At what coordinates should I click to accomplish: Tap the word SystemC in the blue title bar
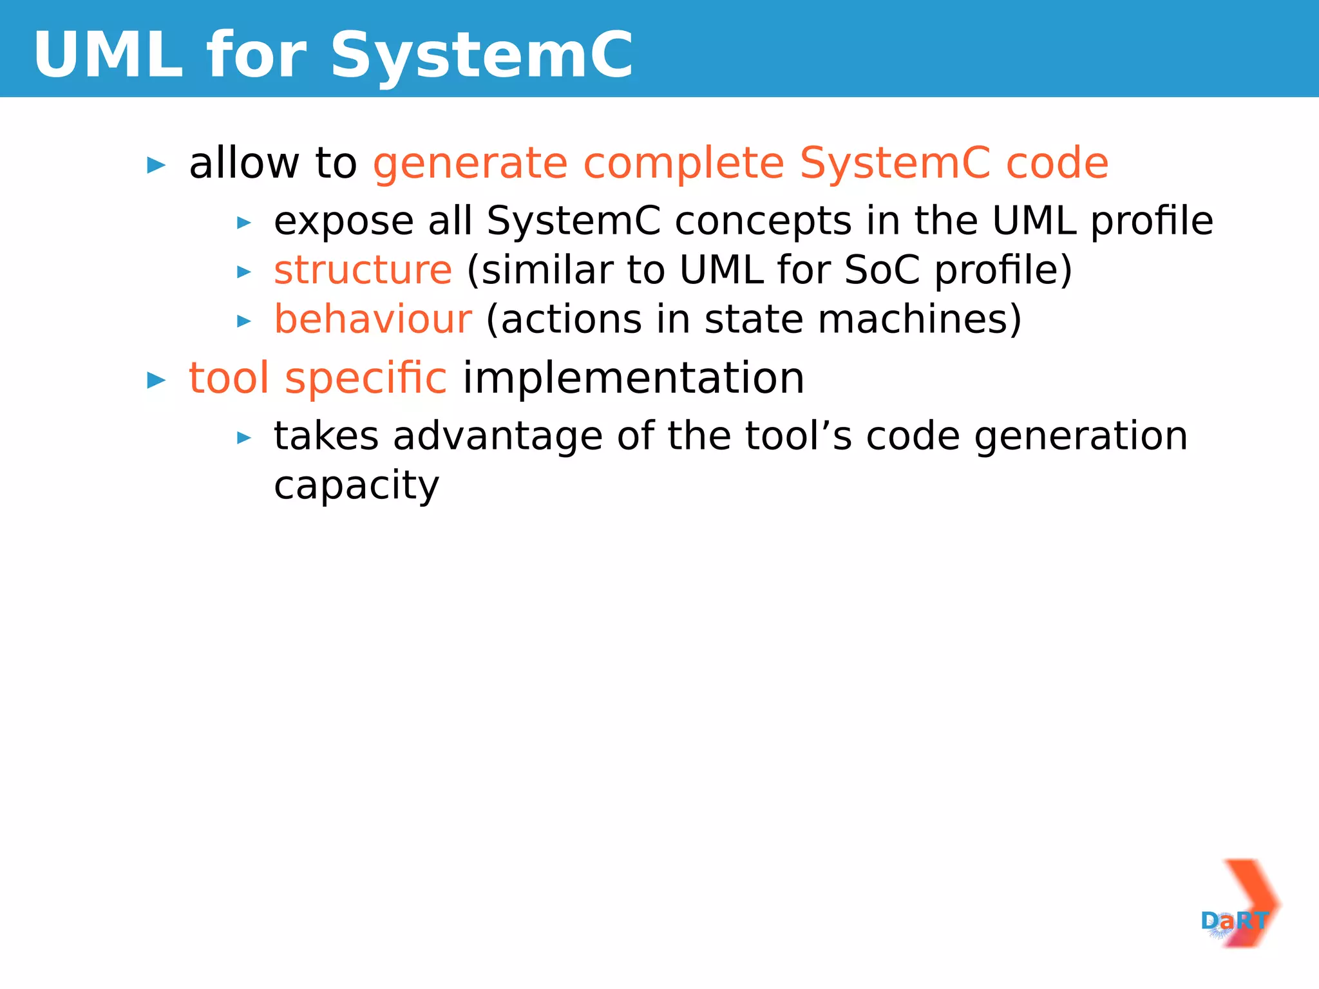(x=482, y=55)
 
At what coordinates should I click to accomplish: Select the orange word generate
(x=470, y=164)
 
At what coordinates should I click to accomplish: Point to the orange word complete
(x=683, y=164)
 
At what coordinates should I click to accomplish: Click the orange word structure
(x=363, y=270)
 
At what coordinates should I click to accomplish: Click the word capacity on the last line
(x=356, y=486)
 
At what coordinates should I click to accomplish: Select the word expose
(x=343, y=222)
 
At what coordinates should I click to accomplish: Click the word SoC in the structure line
(x=882, y=270)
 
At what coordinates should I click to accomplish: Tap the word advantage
(x=498, y=437)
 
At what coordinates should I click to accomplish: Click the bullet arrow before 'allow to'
(x=157, y=165)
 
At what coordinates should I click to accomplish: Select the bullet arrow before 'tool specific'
(x=157, y=380)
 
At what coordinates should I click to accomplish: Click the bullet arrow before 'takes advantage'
(x=244, y=438)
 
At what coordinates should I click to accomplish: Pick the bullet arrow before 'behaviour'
(x=244, y=321)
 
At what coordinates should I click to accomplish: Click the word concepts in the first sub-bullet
(x=763, y=222)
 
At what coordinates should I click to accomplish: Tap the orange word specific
(x=365, y=379)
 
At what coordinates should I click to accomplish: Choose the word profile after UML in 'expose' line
(x=1152, y=222)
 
